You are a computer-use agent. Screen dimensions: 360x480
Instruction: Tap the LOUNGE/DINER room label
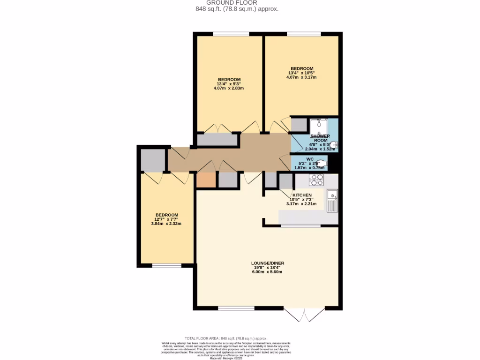[x=267, y=263]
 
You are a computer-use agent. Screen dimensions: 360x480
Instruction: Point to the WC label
[x=310, y=159]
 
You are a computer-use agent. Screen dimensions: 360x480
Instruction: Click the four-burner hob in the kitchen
[x=316, y=180]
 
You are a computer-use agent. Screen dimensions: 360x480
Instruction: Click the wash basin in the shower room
[x=333, y=145]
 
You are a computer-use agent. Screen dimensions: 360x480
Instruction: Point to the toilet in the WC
[x=321, y=163]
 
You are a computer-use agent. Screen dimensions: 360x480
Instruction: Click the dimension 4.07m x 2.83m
[x=229, y=88]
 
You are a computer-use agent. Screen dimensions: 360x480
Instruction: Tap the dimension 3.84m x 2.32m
[x=166, y=224]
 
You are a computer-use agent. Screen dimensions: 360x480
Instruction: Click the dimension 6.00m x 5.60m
[x=267, y=272]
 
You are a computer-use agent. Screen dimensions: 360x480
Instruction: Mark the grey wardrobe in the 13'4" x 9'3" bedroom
[x=217, y=140]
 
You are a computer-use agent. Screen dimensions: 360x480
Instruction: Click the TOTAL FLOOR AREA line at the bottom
[x=225, y=338]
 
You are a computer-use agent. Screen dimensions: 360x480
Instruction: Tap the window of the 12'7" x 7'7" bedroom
[x=166, y=266]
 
